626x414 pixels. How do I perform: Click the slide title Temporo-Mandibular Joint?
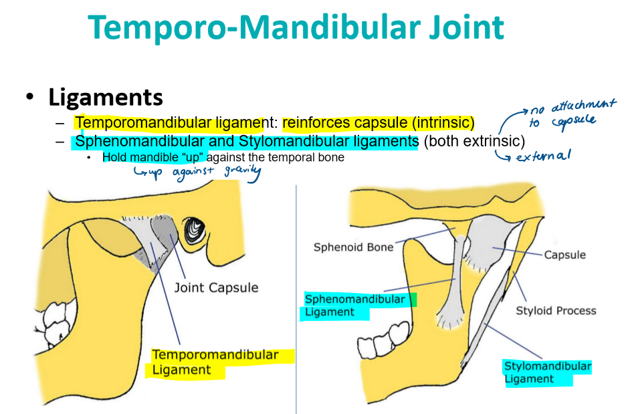[295, 27]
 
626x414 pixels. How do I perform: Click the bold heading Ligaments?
[106, 97]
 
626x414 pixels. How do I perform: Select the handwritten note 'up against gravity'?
[198, 172]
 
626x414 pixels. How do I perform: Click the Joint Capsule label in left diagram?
[216, 288]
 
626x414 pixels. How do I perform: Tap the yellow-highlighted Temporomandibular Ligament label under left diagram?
[214, 362]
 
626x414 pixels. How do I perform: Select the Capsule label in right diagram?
[564, 255]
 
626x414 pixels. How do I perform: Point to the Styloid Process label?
[556, 310]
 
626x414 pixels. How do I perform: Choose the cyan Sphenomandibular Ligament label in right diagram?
[354, 306]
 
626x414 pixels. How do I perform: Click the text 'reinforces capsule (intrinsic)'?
[378, 123]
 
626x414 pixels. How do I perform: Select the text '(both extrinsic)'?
[474, 142]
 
